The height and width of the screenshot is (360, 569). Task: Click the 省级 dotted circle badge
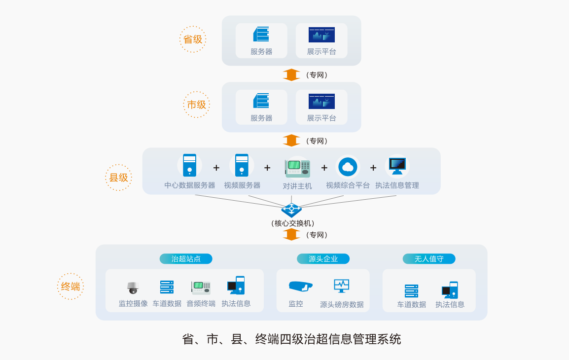[x=193, y=39]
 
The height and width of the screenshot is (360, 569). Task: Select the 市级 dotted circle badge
[x=196, y=105]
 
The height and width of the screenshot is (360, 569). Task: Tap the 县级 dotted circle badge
[x=118, y=178]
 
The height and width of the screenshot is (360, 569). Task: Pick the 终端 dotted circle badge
[x=71, y=287]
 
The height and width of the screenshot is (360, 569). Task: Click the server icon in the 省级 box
[x=261, y=35]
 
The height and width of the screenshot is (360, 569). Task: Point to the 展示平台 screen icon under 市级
[x=321, y=101]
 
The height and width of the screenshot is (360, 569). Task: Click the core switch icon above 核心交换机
[x=291, y=210]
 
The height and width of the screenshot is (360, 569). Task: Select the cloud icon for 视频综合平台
[x=348, y=167]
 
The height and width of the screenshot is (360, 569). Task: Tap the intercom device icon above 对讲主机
[x=297, y=168]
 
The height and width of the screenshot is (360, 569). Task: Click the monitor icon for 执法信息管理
[x=397, y=166]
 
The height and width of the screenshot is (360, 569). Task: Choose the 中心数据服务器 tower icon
[x=189, y=165]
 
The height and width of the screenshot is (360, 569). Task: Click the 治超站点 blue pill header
[x=186, y=259]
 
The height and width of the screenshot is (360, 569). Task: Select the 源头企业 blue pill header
[x=323, y=259]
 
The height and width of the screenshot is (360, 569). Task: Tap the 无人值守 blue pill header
[x=429, y=259]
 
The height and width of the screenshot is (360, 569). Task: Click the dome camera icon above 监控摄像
[x=133, y=288]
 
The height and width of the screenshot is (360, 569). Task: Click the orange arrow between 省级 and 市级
[x=291, y=75]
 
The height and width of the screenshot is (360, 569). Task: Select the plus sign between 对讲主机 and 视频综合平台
[x=324, y=168]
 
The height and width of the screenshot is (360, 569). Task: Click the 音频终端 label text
[x=201, y=304]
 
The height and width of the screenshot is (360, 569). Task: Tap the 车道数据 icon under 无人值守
[x=411, y=290]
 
